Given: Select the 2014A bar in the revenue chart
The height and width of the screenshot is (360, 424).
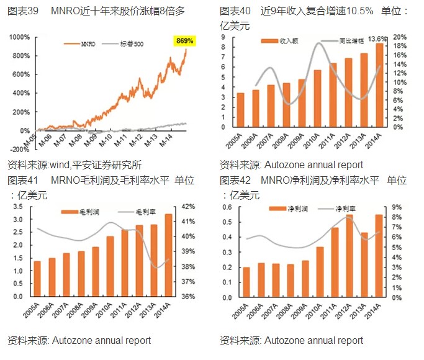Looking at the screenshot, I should (x=379, y=84).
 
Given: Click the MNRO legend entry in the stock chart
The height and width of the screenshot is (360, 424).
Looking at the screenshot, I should (x=81, y=45).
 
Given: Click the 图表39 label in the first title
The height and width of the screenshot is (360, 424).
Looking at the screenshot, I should (x=23, y=12).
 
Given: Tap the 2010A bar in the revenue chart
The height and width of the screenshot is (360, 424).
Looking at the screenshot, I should (x=317, y=98).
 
